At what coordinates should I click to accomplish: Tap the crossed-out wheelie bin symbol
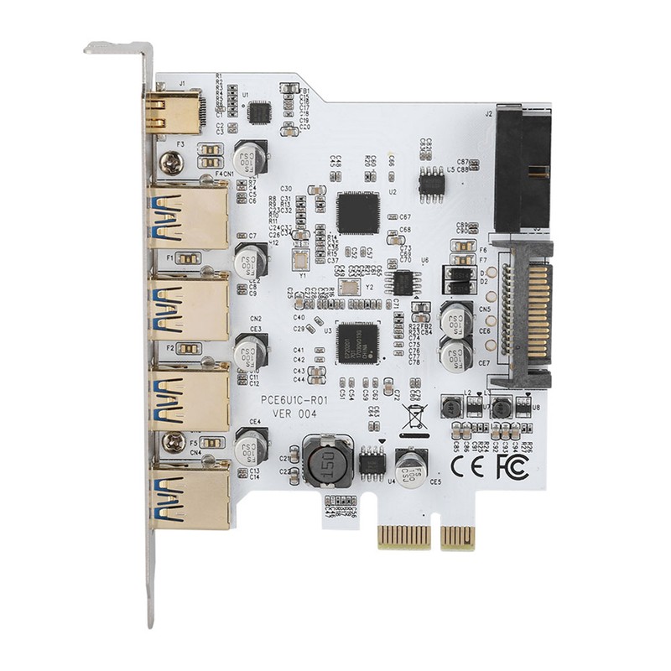(x=412, y=417)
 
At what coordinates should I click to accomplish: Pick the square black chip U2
(x=358, y=212)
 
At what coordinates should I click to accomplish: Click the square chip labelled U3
(x=358, y=341)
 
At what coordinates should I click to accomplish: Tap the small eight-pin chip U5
(x=432, y=181)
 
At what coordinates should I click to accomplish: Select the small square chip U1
(x=260, y=112)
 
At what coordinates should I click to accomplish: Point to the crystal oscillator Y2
(x=351, y=286)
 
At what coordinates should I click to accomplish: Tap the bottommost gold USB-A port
(x=189, y=496)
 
